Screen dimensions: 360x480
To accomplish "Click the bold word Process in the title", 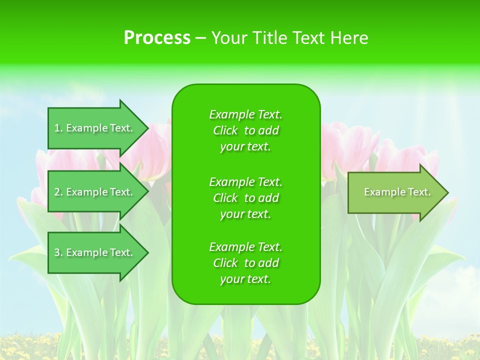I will tap(157, 38).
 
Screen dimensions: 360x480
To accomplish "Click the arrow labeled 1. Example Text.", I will tap(95, 128).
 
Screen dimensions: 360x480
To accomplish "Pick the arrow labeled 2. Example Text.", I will tap(95, 192).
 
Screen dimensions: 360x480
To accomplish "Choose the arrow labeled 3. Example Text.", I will tap(95, 252).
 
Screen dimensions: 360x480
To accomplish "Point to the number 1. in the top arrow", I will tap(58, 128).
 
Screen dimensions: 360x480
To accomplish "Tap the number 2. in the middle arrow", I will tap(58, 192).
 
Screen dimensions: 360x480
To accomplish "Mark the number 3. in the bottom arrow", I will tap(58, 252).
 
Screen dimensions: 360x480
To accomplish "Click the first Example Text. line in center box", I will tap(245, 114).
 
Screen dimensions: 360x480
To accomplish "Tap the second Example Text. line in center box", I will tap(245, 182).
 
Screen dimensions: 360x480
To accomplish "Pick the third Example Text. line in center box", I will tap(245, 247).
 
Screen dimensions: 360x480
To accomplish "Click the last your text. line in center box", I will tap(245, 279).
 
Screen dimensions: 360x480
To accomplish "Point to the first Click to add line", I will tap(245, 130).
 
